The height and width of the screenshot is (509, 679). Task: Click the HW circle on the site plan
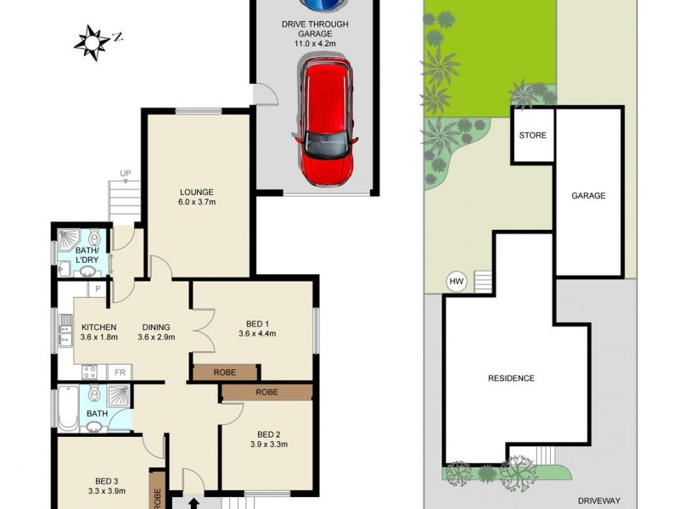[456, 282]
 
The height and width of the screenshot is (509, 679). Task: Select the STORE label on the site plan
[532, 136]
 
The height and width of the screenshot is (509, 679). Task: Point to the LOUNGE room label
[196, 192]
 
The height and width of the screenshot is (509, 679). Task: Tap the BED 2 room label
[267, 432]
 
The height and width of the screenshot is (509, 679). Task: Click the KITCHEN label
[98, 327]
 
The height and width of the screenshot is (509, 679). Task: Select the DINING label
[156, 327]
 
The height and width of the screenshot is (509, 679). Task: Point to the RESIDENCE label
[511, 378]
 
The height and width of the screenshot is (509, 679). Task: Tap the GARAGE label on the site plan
[587, 196]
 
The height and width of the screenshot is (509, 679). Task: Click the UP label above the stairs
[126, 175]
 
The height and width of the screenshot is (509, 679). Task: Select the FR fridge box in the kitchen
[120, 372]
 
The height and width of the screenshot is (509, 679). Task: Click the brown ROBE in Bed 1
[225, 372]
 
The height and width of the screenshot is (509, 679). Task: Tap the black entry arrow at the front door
[194, 502]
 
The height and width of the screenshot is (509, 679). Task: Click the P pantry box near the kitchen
[98, 289]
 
